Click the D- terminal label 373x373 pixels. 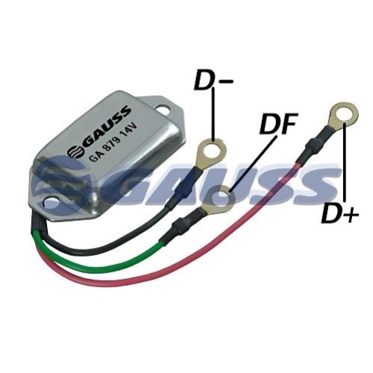tap(213, 81)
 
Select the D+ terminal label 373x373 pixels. tap(339, 213)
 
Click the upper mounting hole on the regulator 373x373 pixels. tap(164, 109)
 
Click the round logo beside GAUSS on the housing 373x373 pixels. tap(75, 151)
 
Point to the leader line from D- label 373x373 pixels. tap(213, 116)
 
